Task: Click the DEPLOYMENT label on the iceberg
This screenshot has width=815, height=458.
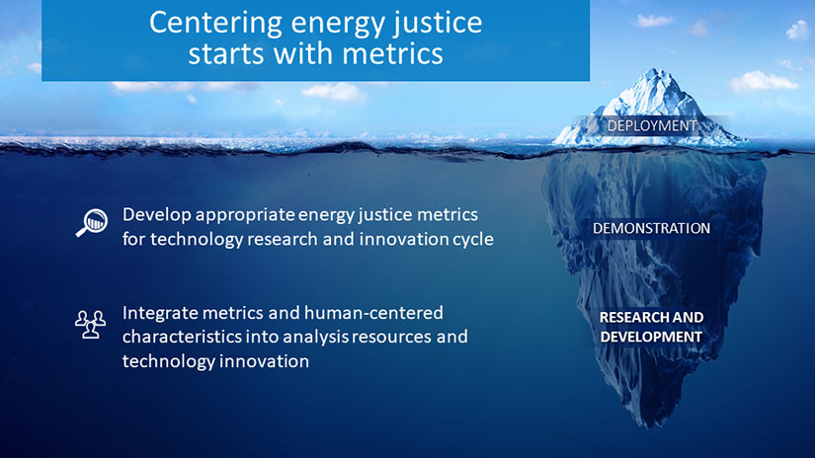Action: [652, 126]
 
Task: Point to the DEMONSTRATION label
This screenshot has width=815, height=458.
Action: [651, 228]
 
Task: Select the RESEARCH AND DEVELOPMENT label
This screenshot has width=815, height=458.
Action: [651, 327]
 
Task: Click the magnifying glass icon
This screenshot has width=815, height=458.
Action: [91, 223]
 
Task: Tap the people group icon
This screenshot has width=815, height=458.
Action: [90, 324]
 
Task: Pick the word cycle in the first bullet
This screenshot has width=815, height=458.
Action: [472, 239]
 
